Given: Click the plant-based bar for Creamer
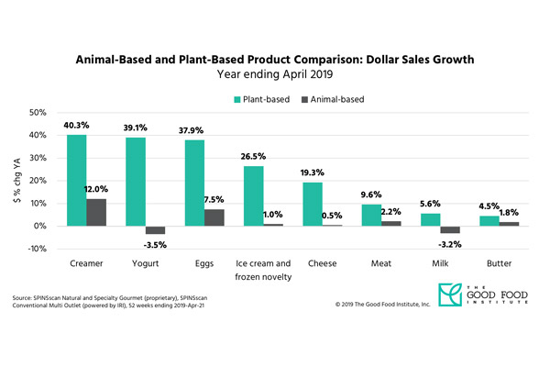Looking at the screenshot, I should (x=76, y=180).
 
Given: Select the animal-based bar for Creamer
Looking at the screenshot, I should (x=95, y=212).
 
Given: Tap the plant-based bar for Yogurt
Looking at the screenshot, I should (x=136, y=182).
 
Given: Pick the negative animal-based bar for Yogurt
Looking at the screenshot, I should (x=155, y=230).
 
